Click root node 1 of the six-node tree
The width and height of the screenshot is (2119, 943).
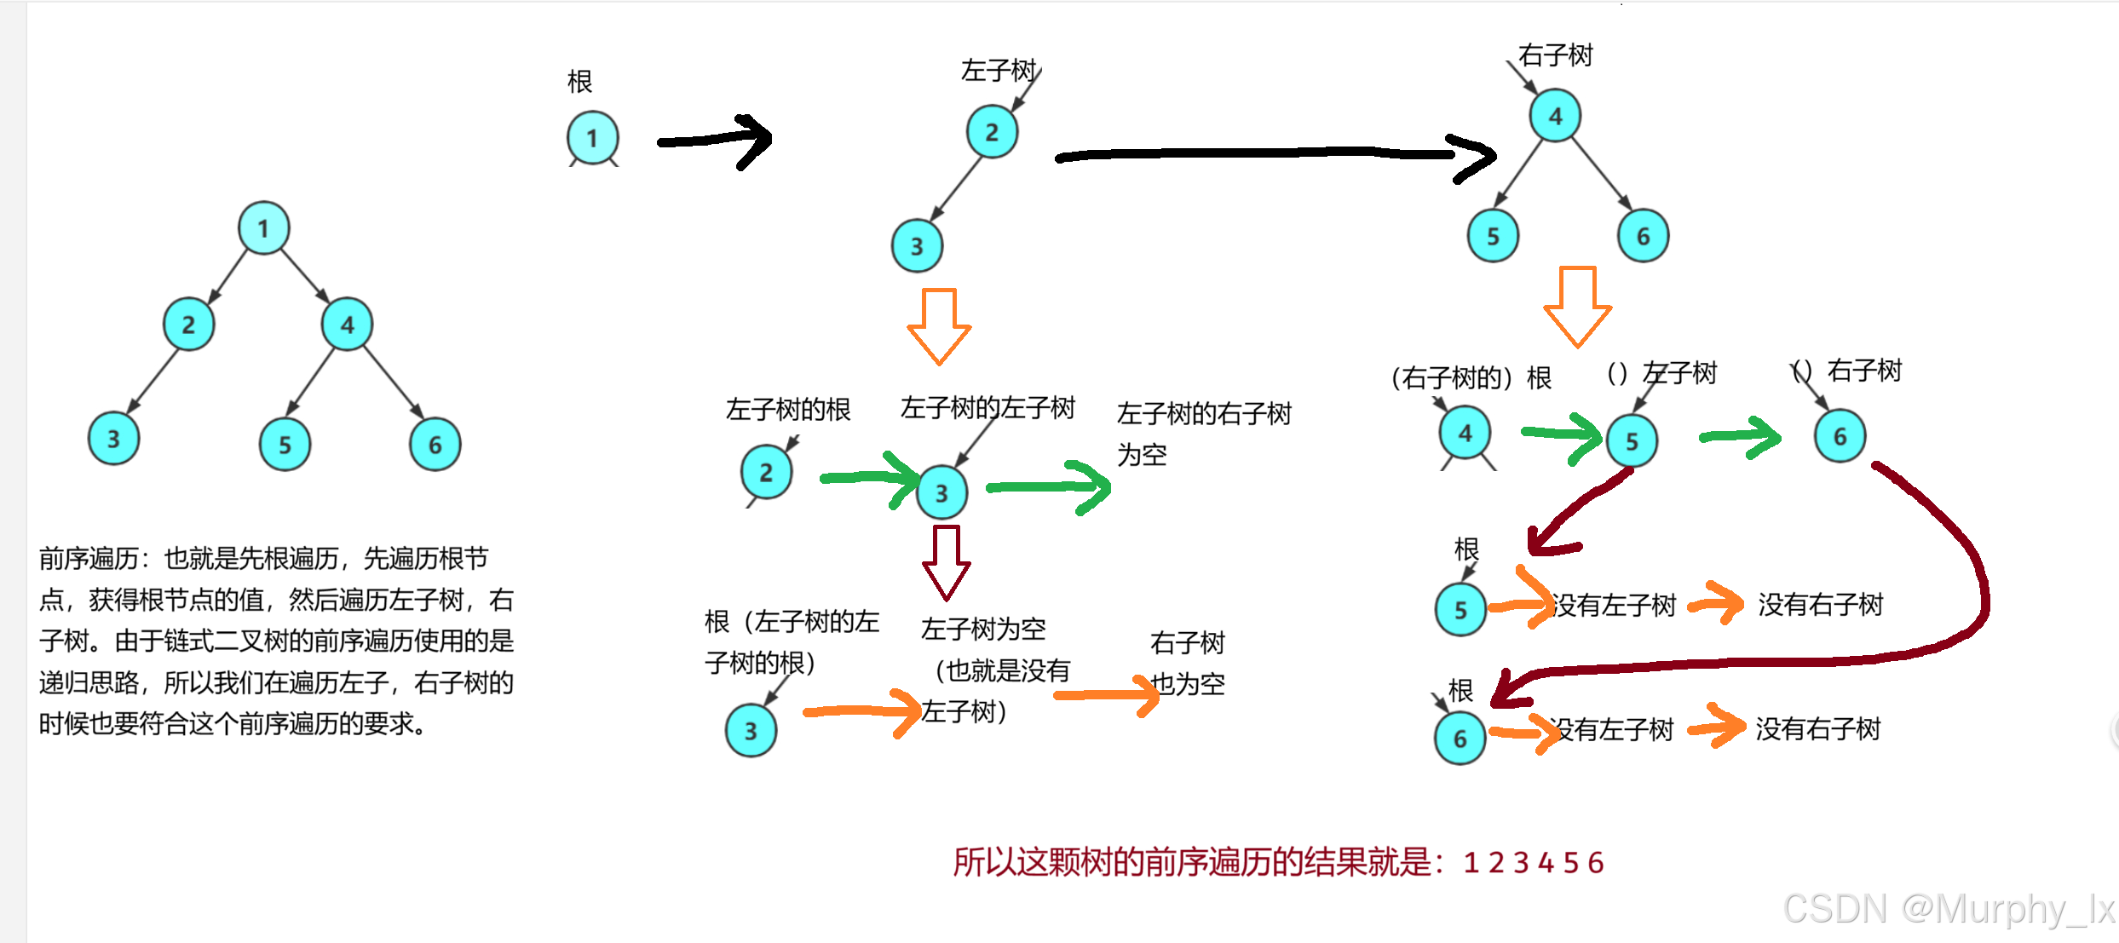(263, 228)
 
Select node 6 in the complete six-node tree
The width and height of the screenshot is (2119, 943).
(435, 444)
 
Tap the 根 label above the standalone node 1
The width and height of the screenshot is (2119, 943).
(579, 82)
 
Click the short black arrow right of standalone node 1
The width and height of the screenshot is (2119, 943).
(716, 141)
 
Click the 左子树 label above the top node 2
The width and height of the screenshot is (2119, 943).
(998, 70)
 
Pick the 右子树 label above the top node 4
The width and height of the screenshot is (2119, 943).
(1555, 55)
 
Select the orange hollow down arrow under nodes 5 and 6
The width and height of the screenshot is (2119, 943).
(1577, 307)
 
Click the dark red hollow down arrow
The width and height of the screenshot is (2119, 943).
(946, 562)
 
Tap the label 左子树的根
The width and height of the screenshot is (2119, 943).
(788, 410)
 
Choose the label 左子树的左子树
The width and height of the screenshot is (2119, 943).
(988, 408)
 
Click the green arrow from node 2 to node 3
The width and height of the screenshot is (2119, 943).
(869, 478)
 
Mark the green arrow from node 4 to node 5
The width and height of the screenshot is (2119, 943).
(1562, 436)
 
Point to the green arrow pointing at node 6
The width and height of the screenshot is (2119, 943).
(1740, 437)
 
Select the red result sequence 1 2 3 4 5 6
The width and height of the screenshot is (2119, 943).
(1533, 863)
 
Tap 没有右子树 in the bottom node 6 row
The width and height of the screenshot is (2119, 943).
(1817, 729)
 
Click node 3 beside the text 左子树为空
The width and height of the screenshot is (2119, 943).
(751, 731)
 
